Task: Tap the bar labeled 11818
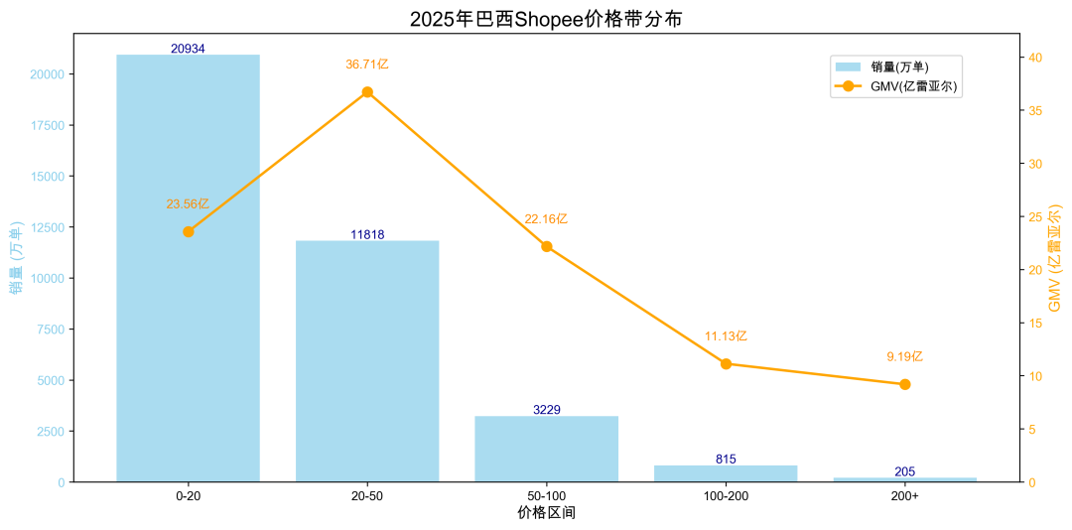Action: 367,362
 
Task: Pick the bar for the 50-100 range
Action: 547,449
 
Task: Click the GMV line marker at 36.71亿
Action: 367,92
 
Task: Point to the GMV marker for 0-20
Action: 188,231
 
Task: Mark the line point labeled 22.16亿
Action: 547,246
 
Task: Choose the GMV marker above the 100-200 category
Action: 726,364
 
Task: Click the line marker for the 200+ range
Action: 905,384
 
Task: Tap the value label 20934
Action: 188,49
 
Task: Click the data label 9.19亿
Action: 905,356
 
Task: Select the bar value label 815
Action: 726,459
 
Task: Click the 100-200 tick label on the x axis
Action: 726,495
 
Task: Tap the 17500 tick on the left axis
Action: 48,126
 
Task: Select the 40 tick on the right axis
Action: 1035,58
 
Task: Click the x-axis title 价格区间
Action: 546,513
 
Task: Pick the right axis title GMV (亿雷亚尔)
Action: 1055,257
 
